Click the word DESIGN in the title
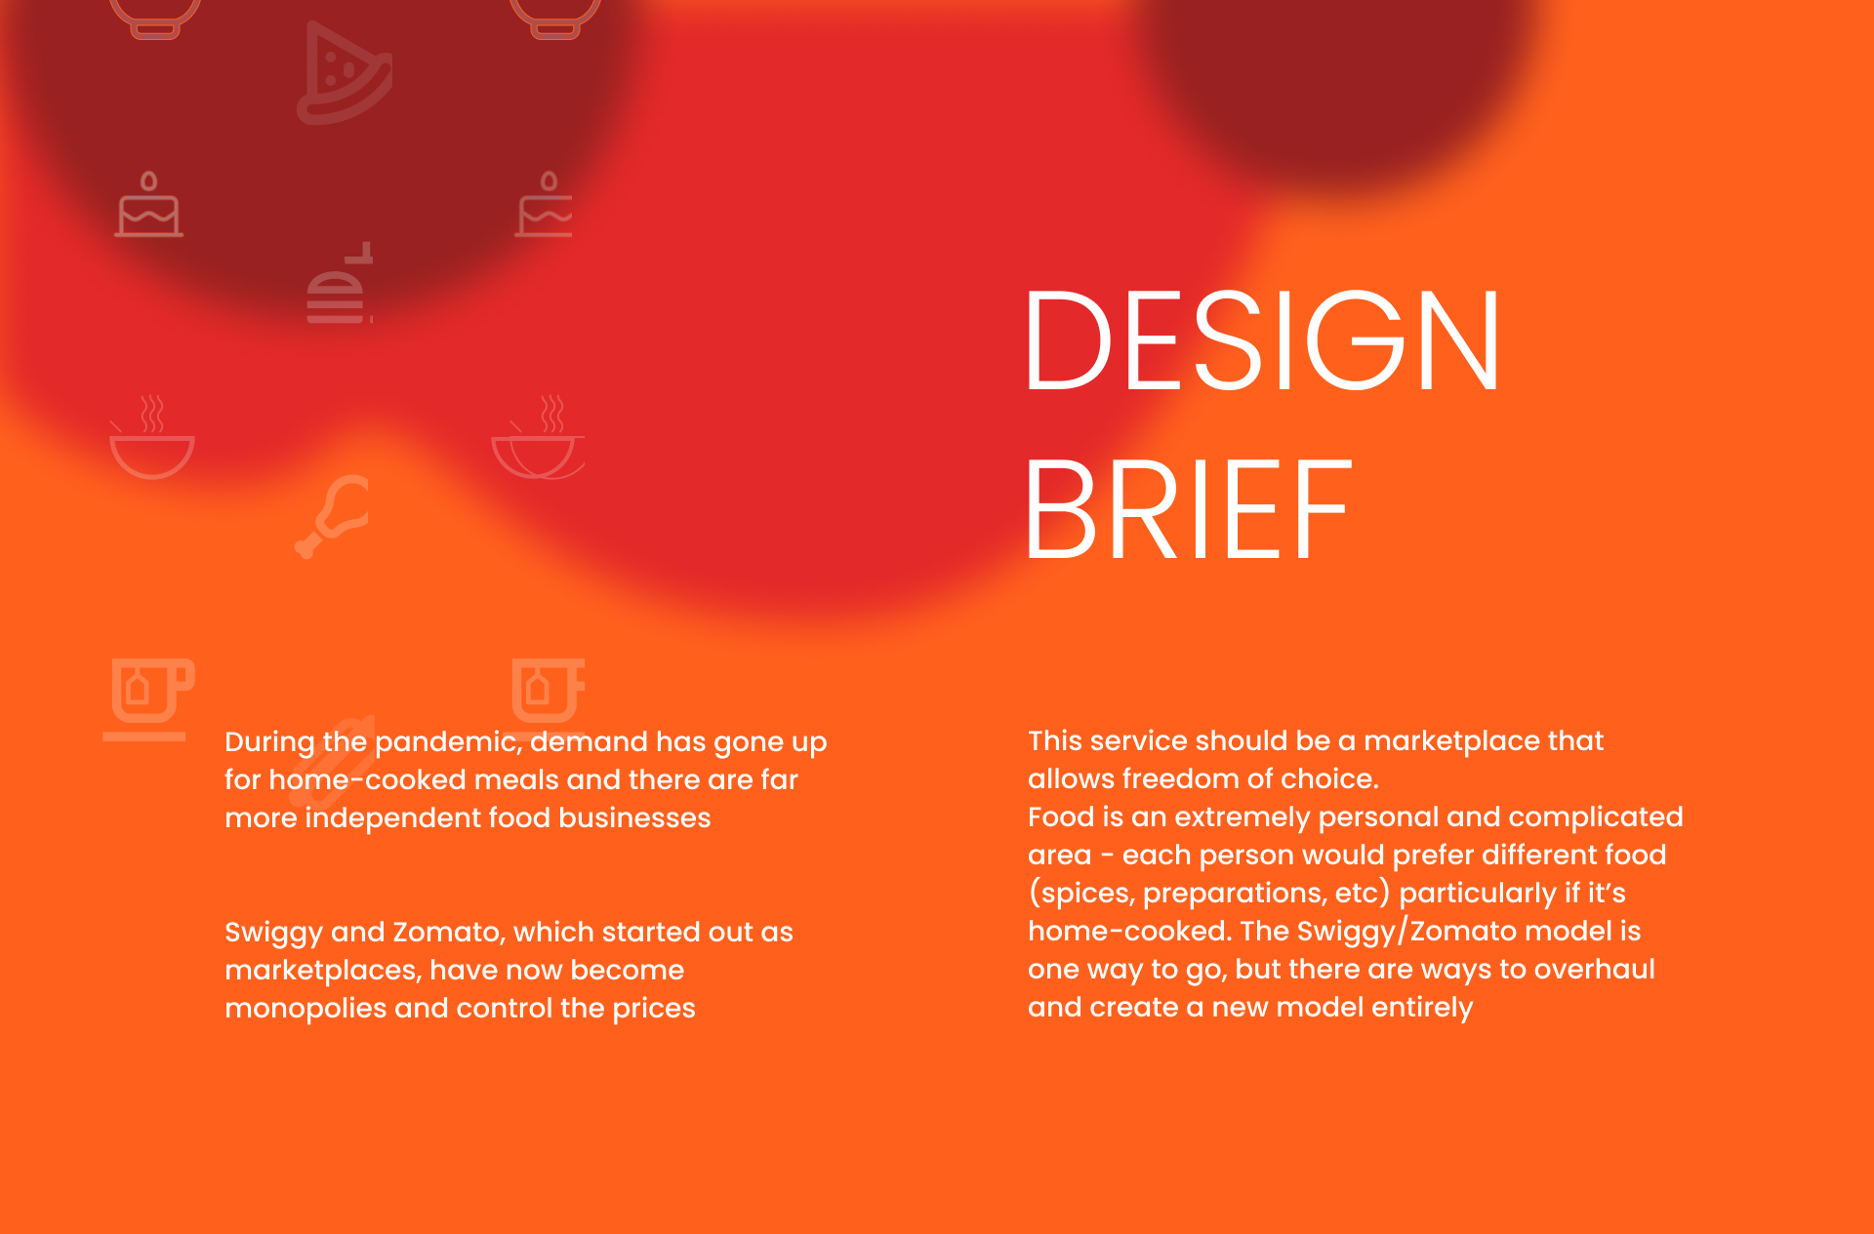(x=1262, y=340)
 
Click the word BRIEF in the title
(x=1188, y=509)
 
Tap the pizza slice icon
(x=344, y=73)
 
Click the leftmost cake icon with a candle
(x=149, y=205)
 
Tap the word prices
(x=654, y=1009)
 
